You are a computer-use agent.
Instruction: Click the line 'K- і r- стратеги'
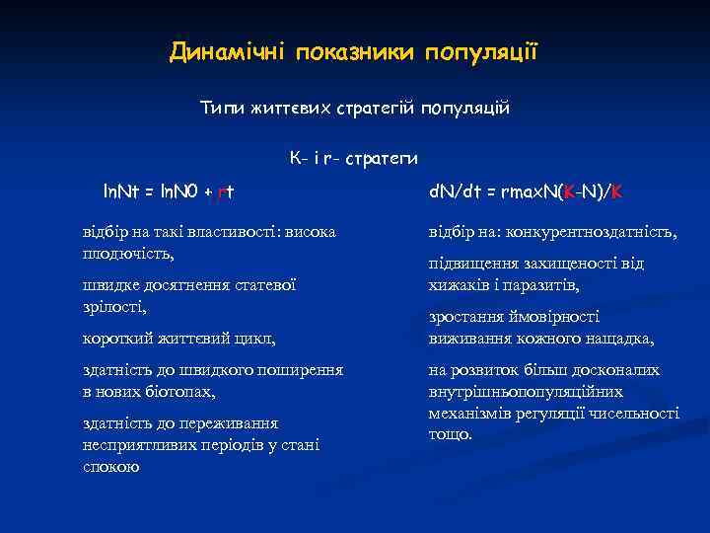[x=354, y=158]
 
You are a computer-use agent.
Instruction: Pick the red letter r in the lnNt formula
[x=222, y=190]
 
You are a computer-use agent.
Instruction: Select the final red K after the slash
[x=616, y=190]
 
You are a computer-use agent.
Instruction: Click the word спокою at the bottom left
[x=111, y=466]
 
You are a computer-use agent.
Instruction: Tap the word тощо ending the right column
[x=451, y=434]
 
